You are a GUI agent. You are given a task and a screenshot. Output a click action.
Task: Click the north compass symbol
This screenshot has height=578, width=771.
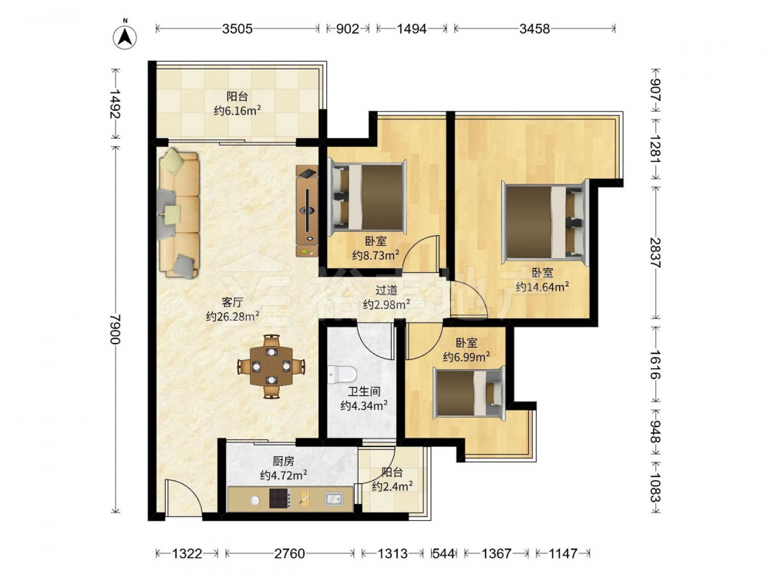coord(125,35)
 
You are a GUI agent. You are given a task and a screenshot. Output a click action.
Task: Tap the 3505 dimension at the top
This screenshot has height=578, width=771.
coord(237,29)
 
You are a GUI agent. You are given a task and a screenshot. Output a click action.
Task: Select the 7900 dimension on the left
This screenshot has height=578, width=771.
coord(115,329)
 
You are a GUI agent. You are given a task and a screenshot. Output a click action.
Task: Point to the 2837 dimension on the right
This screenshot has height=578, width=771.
coord(655,253)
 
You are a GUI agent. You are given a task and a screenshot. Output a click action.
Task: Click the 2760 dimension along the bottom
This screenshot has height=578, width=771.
coord(289,553)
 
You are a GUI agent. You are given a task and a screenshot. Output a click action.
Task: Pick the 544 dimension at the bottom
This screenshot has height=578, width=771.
coord(443,553)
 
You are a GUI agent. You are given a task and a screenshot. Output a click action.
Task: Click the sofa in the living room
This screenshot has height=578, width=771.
coord(179,213)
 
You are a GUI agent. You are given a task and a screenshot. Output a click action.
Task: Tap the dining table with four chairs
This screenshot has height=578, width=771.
coord(271,366)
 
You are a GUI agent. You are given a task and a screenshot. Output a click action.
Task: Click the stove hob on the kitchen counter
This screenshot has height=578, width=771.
coord(280,499)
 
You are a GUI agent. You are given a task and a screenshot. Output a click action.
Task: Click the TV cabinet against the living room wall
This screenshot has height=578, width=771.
coord(308,210)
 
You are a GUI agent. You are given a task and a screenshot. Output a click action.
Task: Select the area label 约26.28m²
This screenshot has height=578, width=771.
coord(233,316)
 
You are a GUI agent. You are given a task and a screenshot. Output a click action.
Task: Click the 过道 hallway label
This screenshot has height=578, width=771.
coord(386,291)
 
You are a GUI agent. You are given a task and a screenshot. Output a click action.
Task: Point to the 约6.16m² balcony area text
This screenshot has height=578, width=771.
coord(237,110)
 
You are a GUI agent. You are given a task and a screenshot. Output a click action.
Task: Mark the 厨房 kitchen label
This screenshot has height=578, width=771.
coord(284,461)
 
